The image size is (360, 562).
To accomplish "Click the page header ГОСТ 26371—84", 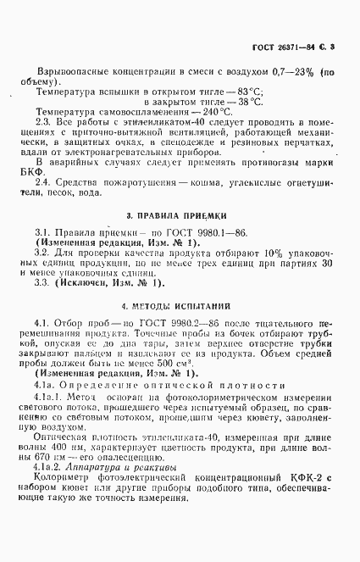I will pyautogui.click(x=287, y=45).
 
